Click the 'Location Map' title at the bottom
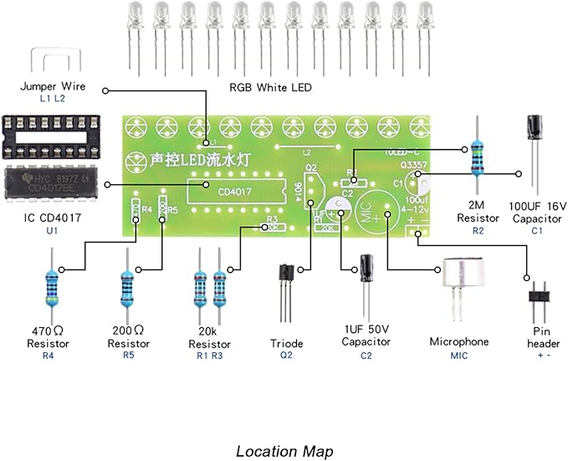pyautogui.click(x=284, y=451)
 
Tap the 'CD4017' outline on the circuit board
pyautogui.click(x=221, y=192)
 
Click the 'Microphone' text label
pyautogui.click(x=458, y=342)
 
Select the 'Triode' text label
pyautogui.click(x=286, y=344)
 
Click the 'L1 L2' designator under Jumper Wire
pyautogui.click(x=52, y=99)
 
